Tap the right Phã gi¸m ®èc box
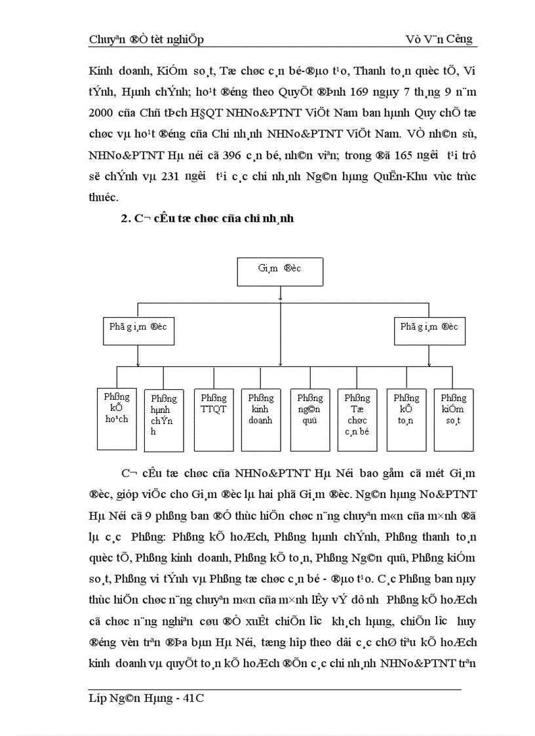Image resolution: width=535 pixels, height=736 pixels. click(429, 330)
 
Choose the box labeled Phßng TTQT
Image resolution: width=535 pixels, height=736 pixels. click(213, 419)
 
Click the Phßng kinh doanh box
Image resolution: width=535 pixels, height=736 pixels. click(260, 419)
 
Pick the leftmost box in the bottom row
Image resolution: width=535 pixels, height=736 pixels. click(117, 419)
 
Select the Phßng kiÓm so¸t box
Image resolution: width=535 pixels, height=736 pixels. click(454, 419)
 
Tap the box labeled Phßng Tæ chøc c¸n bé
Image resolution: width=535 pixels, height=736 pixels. click(357, 419)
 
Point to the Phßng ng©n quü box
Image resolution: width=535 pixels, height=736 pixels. click(309, 419)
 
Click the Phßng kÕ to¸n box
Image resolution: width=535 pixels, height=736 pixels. click(406, 419)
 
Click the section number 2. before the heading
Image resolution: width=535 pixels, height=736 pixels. click(126, 219)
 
